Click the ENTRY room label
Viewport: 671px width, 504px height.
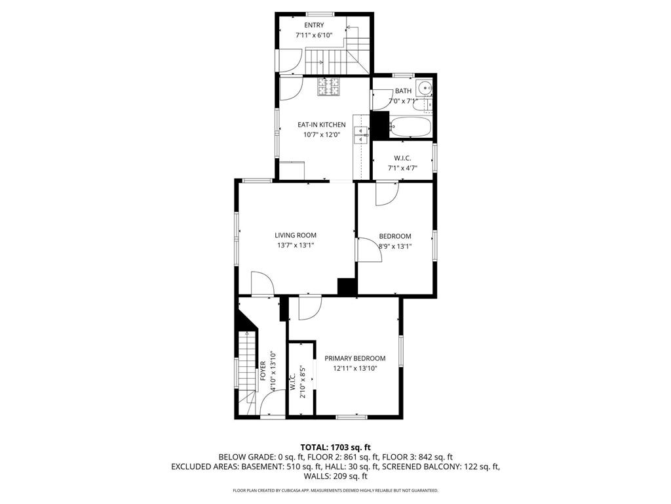(x=314, y=25)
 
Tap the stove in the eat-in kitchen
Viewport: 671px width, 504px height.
(x=328, y=87)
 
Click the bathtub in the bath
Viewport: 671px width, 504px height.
(x=410, y=127)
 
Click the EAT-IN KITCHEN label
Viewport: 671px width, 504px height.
(x=321, y=125)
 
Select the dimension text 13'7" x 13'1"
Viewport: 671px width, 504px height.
(x=296, y=246)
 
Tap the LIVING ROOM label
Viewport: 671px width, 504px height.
(x=296, y=235)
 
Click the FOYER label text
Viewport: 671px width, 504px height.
(x=263, y=371)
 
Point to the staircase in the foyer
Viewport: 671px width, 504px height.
(x=245, y=371)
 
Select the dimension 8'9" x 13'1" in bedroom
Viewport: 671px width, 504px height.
(x=395, y=247)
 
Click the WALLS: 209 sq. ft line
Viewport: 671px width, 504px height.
(x=335, y=476)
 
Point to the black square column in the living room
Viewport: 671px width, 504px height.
(x=347, y=287)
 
